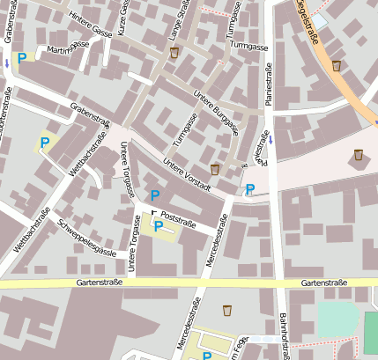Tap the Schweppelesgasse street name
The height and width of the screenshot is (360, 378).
[x=86, y=237]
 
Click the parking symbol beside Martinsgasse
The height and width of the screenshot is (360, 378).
[x=21, y=57]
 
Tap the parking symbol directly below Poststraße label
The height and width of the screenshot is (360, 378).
[x=159, y=227]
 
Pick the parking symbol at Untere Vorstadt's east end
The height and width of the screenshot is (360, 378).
[x=250, y=189]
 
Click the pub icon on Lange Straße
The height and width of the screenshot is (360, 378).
[x=174, y=55]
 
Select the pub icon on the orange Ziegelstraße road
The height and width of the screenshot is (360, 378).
[x=336, y=65]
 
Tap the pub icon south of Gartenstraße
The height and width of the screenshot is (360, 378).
[x=227, y=309]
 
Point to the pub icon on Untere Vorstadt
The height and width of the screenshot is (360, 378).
[x=214, y=169]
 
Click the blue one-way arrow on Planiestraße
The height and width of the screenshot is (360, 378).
[x=272, y=139]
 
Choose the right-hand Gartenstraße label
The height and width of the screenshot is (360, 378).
[x=322, y=283]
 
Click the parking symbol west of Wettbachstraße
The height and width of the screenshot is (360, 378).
[x=44, y=142]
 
